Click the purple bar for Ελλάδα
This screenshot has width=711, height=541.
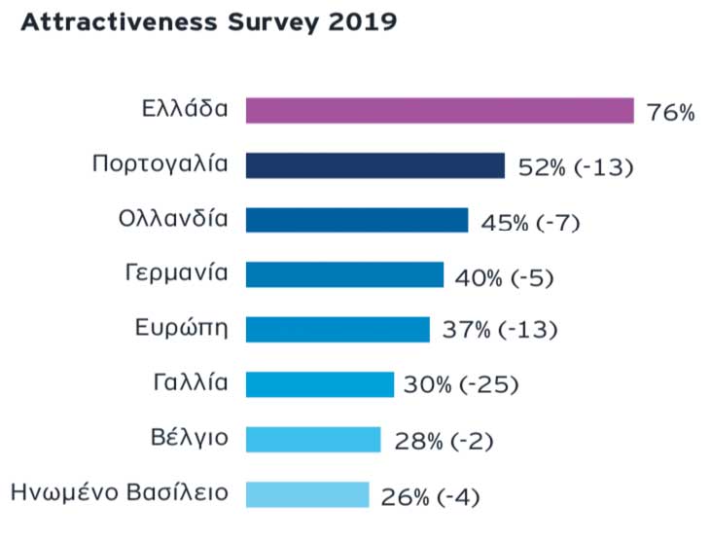(x=439, y=110)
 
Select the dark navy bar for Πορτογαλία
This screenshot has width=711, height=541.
(x=374, y=165)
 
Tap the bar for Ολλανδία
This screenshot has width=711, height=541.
(x=356, y=220)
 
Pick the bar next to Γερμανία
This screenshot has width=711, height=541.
(x=344, y=274)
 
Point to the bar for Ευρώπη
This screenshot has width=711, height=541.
(x=338, y=329)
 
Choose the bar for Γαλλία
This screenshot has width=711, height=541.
(x=319, y=384)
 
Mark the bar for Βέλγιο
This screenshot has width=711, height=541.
(x=312, y=439)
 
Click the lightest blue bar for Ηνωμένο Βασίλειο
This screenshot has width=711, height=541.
(x=307, y=494)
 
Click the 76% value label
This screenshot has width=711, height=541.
(x=671, y=113)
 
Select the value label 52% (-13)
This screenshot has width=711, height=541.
(x=576, y=167)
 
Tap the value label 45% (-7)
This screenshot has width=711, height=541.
(x=530, y=223)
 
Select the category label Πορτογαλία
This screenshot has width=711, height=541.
(x=160, y=162)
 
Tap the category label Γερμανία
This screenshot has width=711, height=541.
(x=177, y=272)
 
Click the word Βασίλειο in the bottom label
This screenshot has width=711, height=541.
(x=179, y=491)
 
